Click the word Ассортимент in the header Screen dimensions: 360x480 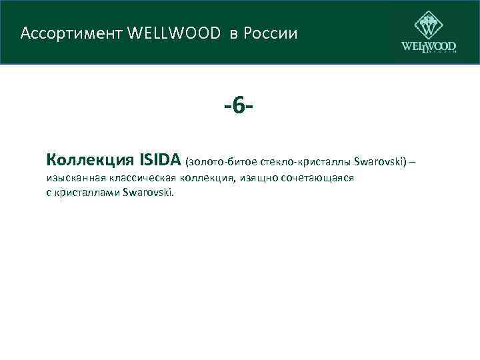tap(59, 33)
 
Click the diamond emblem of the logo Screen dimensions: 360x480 tap(428, 25)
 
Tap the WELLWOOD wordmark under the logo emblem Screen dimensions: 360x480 tap(429, 47)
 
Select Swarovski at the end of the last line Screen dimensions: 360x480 tap(147, 193)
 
